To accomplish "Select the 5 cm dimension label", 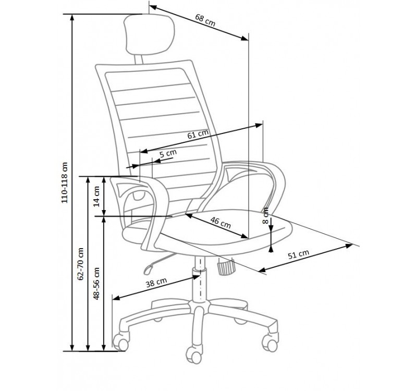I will [x=168, y=154].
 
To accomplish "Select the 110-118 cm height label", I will [x=65, y=181].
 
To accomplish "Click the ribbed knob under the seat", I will [x=225, y=268].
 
